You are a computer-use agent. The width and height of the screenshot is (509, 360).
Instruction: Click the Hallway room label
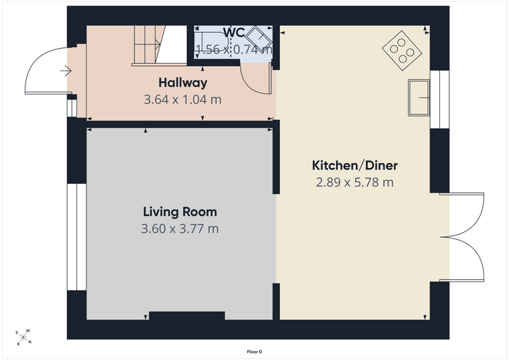click(183, 83)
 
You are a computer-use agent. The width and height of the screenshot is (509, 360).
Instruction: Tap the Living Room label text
click(180, 212)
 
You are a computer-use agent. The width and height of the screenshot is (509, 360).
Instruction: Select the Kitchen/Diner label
click(355, 166)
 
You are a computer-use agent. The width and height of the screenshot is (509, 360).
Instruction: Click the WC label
click(234, 33)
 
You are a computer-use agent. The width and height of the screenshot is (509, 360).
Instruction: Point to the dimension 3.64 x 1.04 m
click(183, 100)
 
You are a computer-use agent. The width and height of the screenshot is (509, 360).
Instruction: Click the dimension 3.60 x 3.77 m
click(180, 229)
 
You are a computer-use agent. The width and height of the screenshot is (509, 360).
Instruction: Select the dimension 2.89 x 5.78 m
click(355, 183)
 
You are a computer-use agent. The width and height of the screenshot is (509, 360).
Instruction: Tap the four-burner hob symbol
click(402, 51)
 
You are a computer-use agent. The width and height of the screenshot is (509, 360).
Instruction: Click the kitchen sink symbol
click(419, 97)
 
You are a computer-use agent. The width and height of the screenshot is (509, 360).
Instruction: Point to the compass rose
click(23, 337)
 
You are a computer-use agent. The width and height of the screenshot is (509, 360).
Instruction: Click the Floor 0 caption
click(254, 352)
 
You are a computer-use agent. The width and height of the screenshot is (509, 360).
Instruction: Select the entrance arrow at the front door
click(66, 71)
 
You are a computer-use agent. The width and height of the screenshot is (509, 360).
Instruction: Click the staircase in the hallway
click(159, 45)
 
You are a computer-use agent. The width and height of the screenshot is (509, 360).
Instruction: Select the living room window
click(76, 237)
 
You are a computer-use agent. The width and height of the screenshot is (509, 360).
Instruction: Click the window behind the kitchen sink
click(439, 100)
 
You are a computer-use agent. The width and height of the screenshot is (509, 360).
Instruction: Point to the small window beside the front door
click(72, 108)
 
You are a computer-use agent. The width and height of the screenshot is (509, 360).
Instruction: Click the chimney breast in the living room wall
click(187, 316)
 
